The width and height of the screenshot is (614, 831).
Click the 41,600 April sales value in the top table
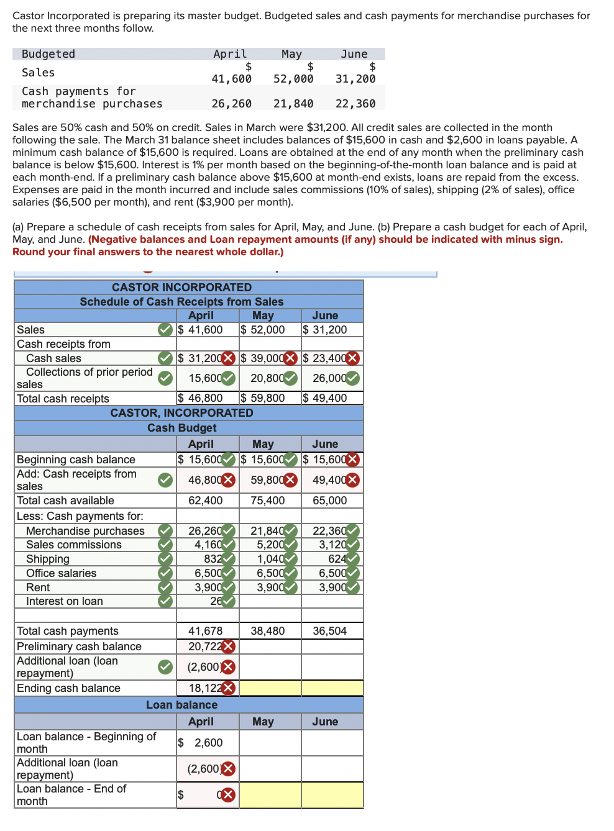[232, 79]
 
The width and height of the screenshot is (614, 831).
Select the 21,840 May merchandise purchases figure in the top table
[293, 104]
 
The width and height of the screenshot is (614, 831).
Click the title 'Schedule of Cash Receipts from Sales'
[181, 302]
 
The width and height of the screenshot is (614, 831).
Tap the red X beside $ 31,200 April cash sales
[229, 358]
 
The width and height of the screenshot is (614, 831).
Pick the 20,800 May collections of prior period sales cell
[267, 378]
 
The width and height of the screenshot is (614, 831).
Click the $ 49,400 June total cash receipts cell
[325, 398]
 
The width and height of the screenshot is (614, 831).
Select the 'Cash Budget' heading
[181, 428]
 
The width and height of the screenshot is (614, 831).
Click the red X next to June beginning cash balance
[352, 460]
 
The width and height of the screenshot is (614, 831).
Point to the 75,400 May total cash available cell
[268, 501]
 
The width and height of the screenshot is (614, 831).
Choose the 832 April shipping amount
[213, 559]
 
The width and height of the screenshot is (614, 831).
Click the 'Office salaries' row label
[61, 573]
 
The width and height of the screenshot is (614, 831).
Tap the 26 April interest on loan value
[216, 601]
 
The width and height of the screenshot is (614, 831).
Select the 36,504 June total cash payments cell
[330, 631]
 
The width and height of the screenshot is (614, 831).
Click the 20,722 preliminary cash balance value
[204, 647]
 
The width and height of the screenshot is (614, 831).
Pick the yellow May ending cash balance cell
[270, 688]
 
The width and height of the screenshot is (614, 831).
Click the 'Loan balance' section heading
[181, 705]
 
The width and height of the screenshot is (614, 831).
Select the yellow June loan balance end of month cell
[332, 795]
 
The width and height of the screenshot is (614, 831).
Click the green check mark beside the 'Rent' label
[165, 588]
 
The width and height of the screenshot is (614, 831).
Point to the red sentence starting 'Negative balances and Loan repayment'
[325, 240]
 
